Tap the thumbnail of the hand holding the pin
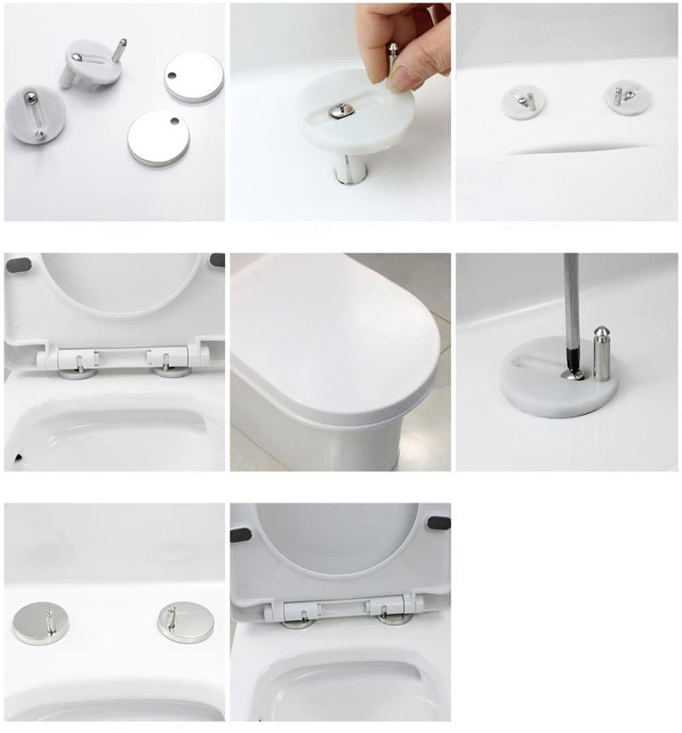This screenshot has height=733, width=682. click(340, 112)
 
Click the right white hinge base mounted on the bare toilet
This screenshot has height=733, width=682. click(627, 96)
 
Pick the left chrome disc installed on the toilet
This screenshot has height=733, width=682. click(41, 623)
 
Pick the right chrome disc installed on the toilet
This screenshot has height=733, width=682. click(186, 621)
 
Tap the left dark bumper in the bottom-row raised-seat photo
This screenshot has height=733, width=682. click(240, 534)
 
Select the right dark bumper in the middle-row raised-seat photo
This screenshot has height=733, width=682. click(218, 260)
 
